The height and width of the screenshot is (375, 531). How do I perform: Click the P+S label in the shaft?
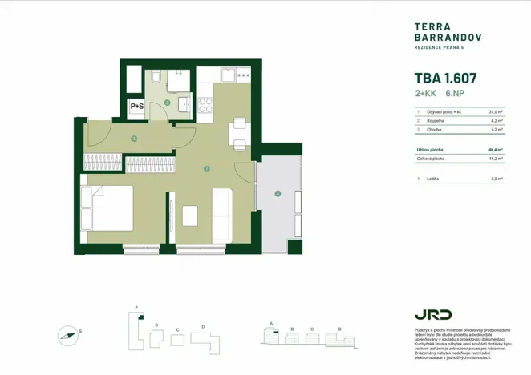[x=137, y=106]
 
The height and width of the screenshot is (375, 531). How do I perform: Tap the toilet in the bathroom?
[x=156, y=77]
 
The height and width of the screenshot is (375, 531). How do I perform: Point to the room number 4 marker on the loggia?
[x=278, y=193]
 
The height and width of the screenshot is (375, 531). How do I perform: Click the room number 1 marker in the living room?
[x=207, y=169]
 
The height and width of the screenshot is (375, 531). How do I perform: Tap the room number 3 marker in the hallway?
[x=134, y=139]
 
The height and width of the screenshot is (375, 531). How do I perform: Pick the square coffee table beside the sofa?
[x=190, y=216]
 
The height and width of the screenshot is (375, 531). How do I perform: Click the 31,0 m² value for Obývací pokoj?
[x=496, y=111]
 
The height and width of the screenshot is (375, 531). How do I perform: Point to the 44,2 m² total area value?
[x=496, y=159]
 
